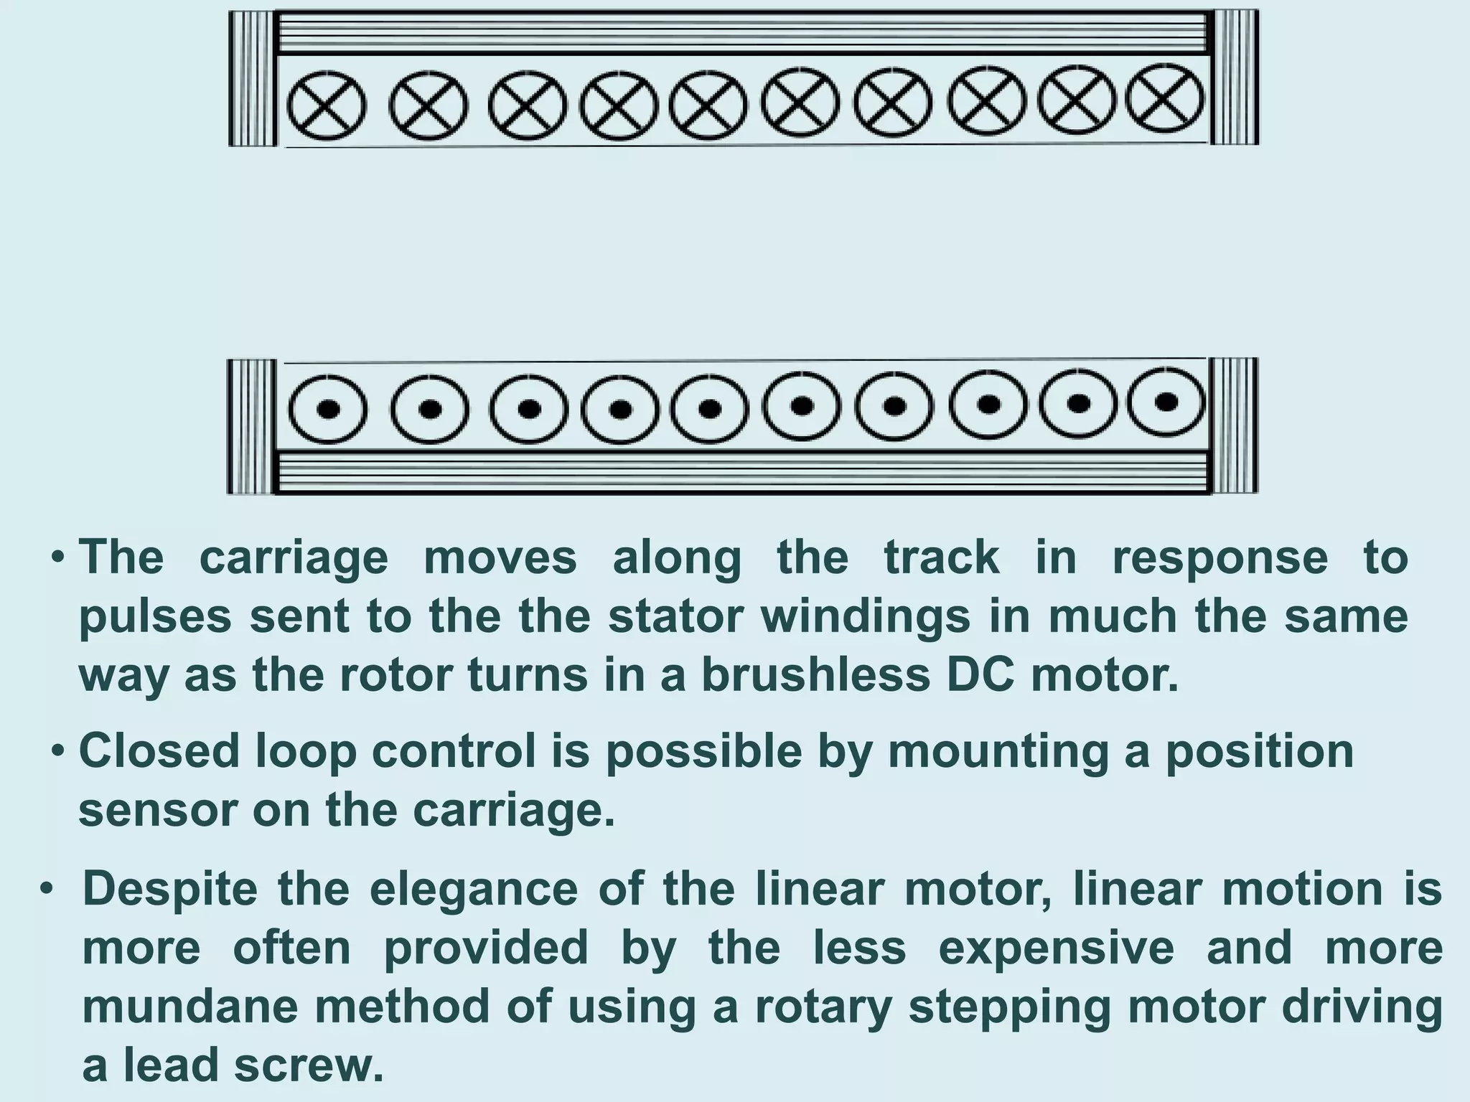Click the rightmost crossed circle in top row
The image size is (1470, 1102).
[1165, 98]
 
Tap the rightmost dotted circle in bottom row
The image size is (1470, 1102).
[1166, 401]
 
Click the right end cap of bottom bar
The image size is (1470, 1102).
[1234, 425]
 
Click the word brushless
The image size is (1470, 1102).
[815, 676]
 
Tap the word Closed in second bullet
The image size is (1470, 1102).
[159, 752]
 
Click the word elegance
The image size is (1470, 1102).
[473, 890]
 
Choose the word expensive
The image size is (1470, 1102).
[1056, 948]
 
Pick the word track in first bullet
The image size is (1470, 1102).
[941, 558]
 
